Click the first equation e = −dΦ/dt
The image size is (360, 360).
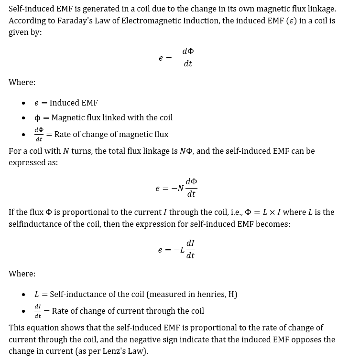tap(176, 57)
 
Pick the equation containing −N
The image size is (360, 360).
tap(176, 188)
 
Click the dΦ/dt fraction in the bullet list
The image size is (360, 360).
tap(39, 134)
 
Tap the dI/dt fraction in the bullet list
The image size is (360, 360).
tap(38, 311)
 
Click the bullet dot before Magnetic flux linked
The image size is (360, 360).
tap(23, 118)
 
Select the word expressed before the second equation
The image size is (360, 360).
tap(27, 163)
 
